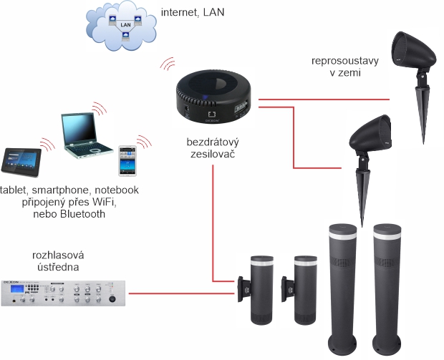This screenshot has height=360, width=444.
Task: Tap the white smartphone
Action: (x=127, y=160)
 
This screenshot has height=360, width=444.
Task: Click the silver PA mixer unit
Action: (x=65, y=293)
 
